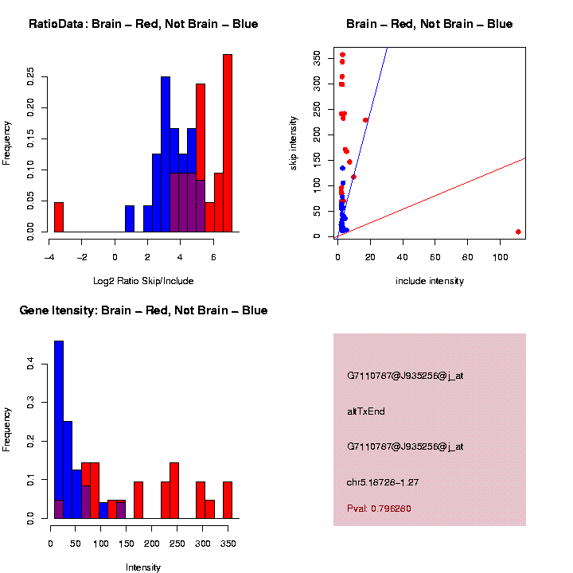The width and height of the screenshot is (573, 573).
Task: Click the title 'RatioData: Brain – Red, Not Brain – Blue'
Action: (x=143, y=24)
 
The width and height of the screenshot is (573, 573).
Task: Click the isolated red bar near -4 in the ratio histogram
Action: (x=59, y=217)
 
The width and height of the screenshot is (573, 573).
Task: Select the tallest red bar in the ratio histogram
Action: (x=228, y=143)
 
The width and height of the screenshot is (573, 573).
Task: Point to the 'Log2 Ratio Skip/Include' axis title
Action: (x=143, y=281)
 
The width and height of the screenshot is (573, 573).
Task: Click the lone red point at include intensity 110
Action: (x=518, y=232)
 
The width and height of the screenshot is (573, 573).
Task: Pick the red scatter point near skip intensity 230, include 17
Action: (x=365, y=120)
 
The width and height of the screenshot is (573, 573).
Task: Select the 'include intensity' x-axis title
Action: (x=430, y=281)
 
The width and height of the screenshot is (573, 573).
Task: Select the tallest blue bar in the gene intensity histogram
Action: (x=59, y=430)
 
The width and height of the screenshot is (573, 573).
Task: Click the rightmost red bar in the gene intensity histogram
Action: (x=228, y=500)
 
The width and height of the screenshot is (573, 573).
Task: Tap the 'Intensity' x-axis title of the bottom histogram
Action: (x=143, y=567)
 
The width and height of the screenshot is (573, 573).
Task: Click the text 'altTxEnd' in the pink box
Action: (x=366, y=411)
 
